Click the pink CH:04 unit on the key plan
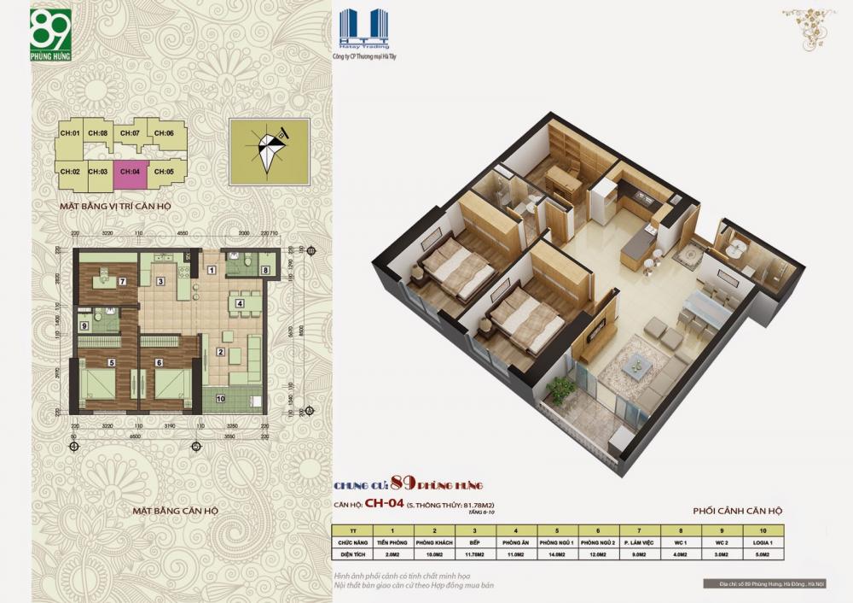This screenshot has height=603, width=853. (x=131, y=172)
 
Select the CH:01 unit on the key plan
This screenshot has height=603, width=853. (x=69, y=133)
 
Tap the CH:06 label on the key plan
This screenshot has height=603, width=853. (x=165, y=133)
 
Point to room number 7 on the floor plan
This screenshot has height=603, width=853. (x=123, y=281)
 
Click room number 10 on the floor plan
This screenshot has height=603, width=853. (x=220, y=397)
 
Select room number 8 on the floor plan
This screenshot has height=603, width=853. (x=266, y=271)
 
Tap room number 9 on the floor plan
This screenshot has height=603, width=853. (x=84, y=325)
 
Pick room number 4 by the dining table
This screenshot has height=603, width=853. (x=240, y=303)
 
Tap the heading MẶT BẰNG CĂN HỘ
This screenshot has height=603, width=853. (x=176, y=511)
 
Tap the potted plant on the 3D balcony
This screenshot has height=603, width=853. (x=561, y=389)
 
